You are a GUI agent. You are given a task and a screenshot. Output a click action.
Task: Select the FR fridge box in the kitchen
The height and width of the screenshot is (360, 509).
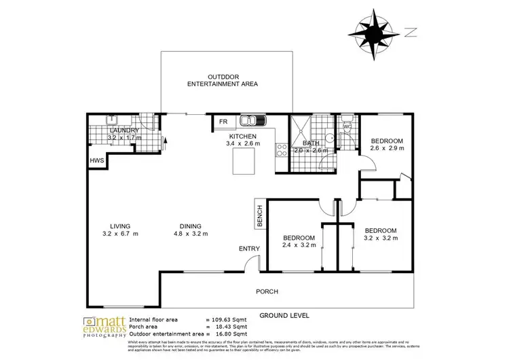(x=223, y=122)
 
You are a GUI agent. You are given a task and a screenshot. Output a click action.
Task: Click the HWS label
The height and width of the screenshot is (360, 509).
(x=96, y=161)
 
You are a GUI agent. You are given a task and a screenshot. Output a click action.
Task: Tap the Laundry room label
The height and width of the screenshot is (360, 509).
(x=124, y=130)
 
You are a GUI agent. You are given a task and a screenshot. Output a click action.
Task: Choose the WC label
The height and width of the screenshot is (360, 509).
(x=347, y=126)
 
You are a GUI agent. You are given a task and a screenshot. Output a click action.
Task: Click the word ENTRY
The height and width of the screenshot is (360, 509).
(x=248, y=249)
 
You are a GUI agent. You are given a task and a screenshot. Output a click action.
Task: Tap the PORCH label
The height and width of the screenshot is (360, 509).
(x=267, y=291)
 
